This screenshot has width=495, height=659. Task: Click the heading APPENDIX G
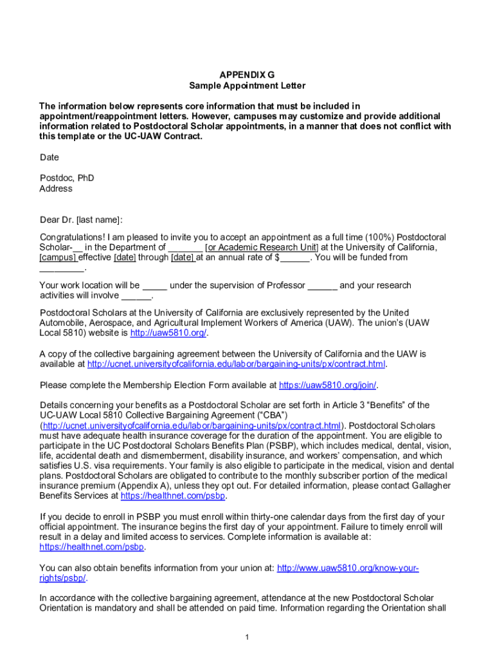pos(248,75)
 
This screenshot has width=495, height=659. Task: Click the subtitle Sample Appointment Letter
pos(248,86)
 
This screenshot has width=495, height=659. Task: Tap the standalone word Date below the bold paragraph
pos(49,158)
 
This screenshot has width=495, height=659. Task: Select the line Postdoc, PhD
pos(66,178)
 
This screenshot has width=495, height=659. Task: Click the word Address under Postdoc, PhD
pos(56,189)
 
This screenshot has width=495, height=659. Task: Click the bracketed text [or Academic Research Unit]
pos(261,248)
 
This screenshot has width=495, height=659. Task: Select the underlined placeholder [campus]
pos(59,258)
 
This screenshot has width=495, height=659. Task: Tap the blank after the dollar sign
pos(295,258)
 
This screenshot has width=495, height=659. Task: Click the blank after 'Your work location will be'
pos(154,286)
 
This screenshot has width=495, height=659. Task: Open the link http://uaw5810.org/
pos(168,333)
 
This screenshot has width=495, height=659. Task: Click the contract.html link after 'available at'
pos(237,365)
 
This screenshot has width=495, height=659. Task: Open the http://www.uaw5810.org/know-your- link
pos(348,568)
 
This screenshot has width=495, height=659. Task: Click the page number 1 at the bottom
pos(247,637)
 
